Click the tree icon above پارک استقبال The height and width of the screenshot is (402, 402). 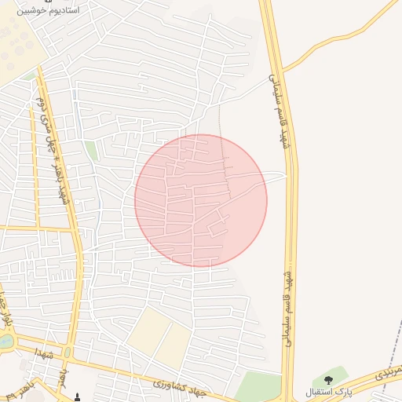click(328, 380)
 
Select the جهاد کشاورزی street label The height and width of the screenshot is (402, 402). click(178, 384)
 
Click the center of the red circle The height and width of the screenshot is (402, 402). click(201, 200)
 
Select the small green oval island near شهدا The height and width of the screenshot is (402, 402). click(68, 353)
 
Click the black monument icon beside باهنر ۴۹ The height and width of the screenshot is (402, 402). click(77, 395)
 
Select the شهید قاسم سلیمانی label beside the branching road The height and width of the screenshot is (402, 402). click(276, 110)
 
